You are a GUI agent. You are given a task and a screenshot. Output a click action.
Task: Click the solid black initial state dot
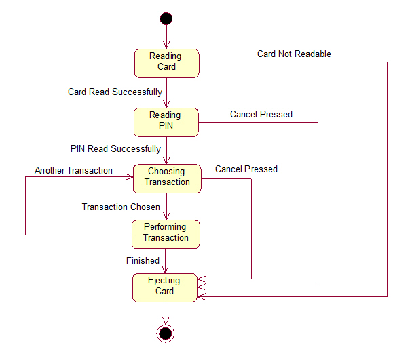tap(166, 18)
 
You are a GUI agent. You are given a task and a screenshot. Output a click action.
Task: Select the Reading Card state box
tap(166, 62)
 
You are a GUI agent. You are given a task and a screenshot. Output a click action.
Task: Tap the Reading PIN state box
tap(166, 121)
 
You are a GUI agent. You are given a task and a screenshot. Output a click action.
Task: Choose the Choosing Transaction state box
tap(166, 178)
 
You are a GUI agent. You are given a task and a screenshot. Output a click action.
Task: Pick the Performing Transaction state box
tap(166, 233)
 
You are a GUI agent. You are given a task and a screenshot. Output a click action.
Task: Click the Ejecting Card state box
tap(165, 287)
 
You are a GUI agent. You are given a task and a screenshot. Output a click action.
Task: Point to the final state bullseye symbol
tap(166, 333)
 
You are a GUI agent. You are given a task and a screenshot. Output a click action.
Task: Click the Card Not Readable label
tap(294, 54)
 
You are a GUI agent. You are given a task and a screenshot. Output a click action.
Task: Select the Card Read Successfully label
tap(115, 92)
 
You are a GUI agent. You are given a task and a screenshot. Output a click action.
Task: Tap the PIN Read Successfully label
tap(115, 148)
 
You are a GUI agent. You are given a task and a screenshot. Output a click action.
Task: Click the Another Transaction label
tap(73, 171)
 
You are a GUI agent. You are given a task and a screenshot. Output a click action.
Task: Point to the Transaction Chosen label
tap(121, 207)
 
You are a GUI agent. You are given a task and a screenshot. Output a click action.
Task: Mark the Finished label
tap(143, 260)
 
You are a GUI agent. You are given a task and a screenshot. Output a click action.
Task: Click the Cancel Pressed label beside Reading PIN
tap(261, 114)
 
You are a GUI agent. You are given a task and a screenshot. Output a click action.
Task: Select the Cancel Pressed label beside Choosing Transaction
tap(246, 169)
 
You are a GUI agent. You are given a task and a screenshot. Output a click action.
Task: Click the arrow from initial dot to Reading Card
tap(166, 37)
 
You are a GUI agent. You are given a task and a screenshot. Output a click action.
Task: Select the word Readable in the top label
tap(312, 54)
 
